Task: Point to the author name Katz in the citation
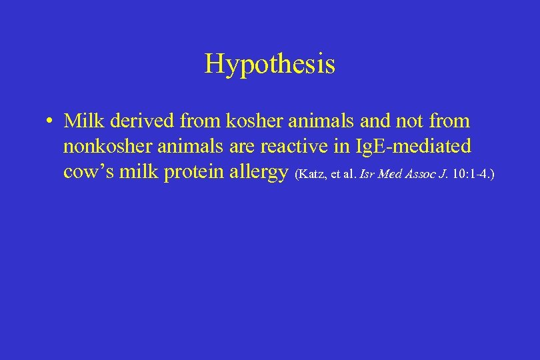[x=311, y=175]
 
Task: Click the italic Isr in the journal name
[x=367, y=175]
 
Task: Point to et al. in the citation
[x=344, y=175]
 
